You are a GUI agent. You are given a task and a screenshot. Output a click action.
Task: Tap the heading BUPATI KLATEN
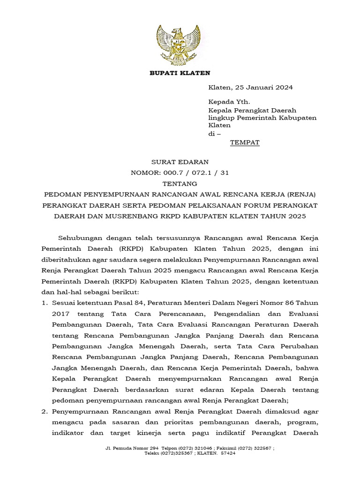pos(180,73)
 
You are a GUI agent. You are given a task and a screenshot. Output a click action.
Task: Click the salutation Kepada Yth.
pos(229,101)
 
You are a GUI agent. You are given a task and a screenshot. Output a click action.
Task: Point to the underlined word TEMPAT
pos(245,142)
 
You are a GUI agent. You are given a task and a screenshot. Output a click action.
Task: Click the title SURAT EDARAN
pos(180,162)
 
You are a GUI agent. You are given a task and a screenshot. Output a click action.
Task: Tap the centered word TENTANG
pos(180,183)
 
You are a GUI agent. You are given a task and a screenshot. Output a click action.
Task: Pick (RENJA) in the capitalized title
pos(300,194)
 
